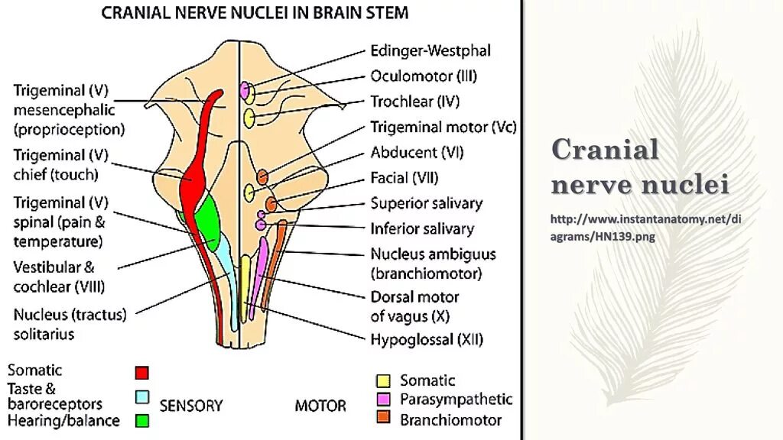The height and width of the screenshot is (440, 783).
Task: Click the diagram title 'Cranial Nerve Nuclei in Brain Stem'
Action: coord(255,13)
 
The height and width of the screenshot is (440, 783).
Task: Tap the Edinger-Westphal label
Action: coord(430,51)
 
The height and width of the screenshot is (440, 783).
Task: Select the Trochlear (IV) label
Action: coord(414,102)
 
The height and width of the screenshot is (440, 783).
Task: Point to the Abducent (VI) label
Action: coord(417,152)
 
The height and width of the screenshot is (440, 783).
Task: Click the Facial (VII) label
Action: coord(404,178)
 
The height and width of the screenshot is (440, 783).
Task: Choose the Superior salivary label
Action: coord(427,203)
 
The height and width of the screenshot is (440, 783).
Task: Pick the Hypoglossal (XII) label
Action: coord(427,340)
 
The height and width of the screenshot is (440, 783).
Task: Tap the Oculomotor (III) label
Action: coord(424,76)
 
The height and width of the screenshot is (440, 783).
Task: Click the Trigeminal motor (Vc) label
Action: coord(443,127)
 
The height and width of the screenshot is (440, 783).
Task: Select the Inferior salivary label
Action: coord(422,228)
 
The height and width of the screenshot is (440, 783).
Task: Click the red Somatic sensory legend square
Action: coord(141,373)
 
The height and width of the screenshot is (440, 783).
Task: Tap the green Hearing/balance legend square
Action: coord(141,420)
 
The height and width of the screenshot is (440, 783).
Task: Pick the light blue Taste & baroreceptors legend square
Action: coord(141,396)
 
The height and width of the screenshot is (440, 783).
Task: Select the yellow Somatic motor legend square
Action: coord(384,380)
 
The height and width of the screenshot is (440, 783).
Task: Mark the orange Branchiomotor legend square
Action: coord(384,418)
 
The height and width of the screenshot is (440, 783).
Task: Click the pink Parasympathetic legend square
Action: coord(384,399)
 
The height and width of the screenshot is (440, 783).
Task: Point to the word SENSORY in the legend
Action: coord(191,406)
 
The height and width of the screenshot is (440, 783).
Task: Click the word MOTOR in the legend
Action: coord(320,406)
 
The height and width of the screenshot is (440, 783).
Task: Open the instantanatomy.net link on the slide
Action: coord(646,228)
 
